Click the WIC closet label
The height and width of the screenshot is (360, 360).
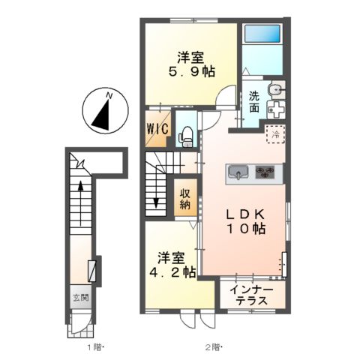(157, 129)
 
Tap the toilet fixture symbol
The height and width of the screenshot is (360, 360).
(186, 136)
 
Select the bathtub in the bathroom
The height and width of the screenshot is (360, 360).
(262, 34)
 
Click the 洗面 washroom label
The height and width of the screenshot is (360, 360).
(254, 102)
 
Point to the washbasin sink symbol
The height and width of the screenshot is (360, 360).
(276, 88)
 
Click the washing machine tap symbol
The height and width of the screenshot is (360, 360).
(276, 109)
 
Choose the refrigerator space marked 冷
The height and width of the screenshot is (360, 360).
(275, 134)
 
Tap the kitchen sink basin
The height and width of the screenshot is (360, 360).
(238, 172)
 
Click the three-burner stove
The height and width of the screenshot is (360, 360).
(265, 172)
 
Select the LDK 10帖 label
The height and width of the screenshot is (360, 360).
(246, 221)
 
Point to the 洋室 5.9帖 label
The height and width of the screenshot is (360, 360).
(190, 64)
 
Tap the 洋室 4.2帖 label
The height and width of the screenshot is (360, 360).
(172, 265)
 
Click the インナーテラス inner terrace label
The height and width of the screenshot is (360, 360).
(252, 295)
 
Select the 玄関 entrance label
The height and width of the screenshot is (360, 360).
(81, 298)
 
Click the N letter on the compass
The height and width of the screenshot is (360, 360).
(109, 95)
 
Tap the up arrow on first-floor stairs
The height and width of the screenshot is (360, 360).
(80, 203)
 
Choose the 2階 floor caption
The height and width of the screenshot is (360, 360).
(214, 346)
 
